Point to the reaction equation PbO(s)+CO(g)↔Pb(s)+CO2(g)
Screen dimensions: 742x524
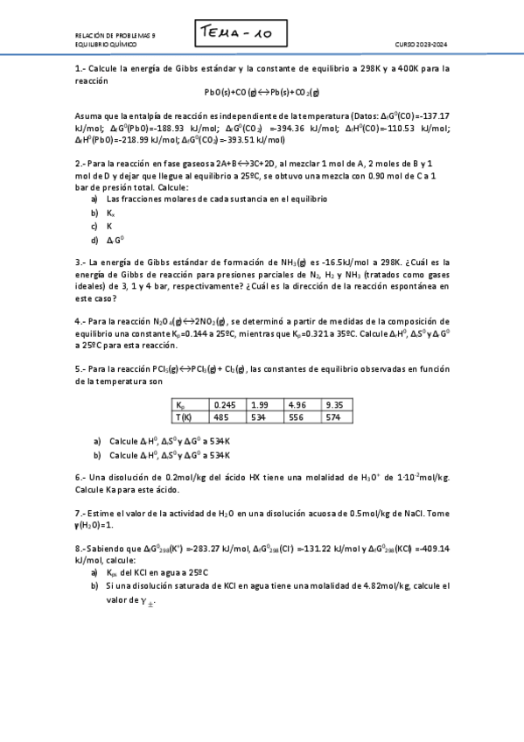(x=262, y=92)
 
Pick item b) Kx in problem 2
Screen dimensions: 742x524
(x=106, y=213)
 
